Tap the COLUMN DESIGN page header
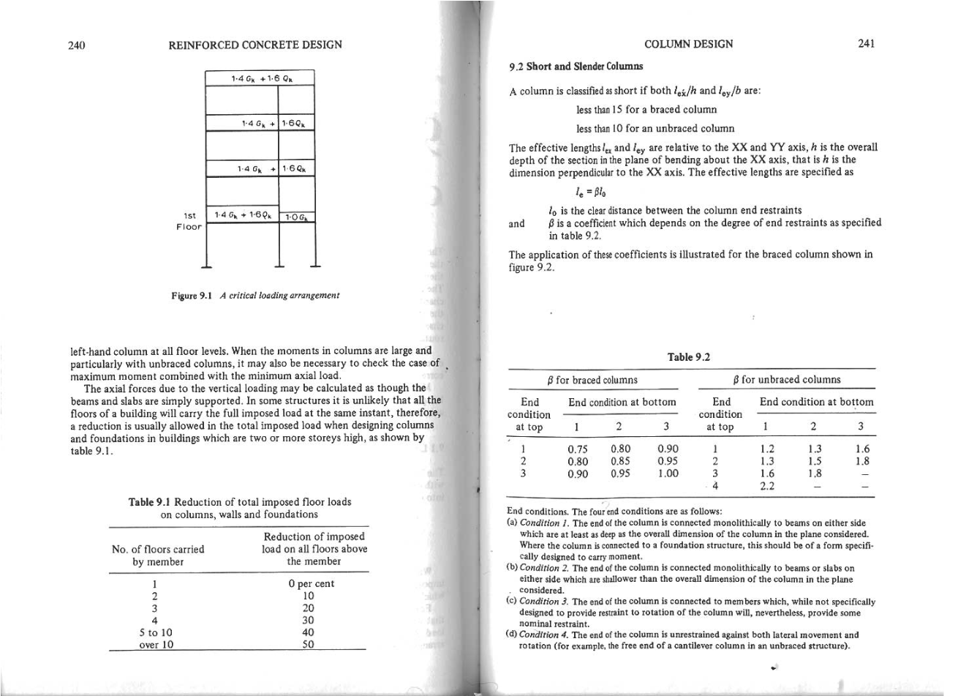pos(688,44)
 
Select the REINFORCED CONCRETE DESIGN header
pos(255,45)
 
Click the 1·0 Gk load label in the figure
pos(297,217)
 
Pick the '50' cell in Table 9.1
pos(309,645)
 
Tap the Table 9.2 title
pos(689,356)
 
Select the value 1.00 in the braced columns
pos(667,474)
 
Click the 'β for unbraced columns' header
pos(787,379)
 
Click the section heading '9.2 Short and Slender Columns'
pos(576,67)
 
